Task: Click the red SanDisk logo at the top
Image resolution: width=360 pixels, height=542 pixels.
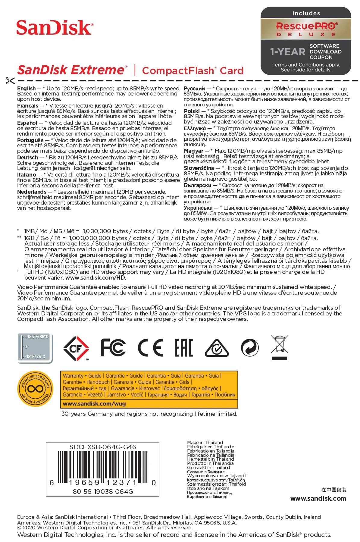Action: [55, 28]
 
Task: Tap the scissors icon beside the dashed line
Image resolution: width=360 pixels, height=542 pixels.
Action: [10, 81]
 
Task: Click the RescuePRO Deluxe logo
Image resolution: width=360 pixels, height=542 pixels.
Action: [306, 29]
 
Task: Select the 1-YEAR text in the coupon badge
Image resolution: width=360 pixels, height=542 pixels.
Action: [288, 52]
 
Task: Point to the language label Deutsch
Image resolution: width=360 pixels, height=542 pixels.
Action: [27, 158]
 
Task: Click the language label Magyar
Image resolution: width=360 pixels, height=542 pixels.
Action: [193, 151]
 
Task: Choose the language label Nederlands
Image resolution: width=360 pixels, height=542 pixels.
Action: [32, 192]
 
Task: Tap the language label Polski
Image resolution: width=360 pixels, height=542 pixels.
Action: [192, 111]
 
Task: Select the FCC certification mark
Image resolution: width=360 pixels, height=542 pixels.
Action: [113, 348]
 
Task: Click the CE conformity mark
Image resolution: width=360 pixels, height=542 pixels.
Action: [150, 348]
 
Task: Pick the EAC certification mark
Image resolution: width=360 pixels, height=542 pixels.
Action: [183, 348]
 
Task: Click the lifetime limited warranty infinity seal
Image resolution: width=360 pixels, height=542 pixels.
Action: [35, 389]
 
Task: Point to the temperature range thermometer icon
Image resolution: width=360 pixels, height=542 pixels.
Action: [35, 348]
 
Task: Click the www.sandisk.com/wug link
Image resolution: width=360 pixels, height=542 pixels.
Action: [94, 404]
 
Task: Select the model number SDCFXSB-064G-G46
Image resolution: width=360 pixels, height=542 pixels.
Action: [103, 447]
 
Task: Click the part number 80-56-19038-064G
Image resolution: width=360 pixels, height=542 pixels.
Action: [103, 492]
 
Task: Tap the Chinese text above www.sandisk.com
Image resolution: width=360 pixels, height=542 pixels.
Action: [334, 490]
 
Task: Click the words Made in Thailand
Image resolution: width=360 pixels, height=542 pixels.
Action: [205, 443]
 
